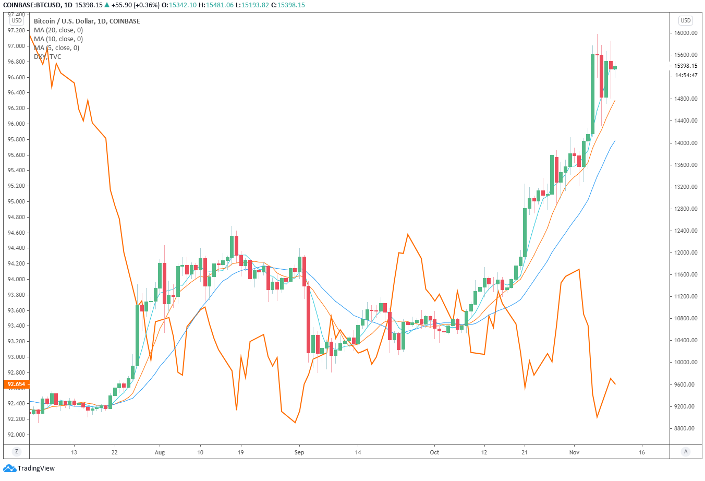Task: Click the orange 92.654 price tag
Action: (x=16, y=384)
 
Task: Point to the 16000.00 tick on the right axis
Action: (x=686, y=33)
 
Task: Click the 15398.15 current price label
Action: (x=686, y=66)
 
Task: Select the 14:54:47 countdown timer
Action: (x=686, y=75)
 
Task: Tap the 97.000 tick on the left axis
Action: (x=16, y=46)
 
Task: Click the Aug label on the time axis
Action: (x=160, y=452)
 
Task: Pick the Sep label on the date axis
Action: (x=299, y=452)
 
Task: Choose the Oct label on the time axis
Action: (x=434, y=452)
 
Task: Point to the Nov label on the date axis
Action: (x=574, y=452)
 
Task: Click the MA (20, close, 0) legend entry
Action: (x=58, y=30)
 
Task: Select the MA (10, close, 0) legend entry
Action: (x=58, y=39)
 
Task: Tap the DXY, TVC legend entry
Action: (x=47, y=57)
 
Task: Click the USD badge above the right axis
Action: (x=685, y=20)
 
